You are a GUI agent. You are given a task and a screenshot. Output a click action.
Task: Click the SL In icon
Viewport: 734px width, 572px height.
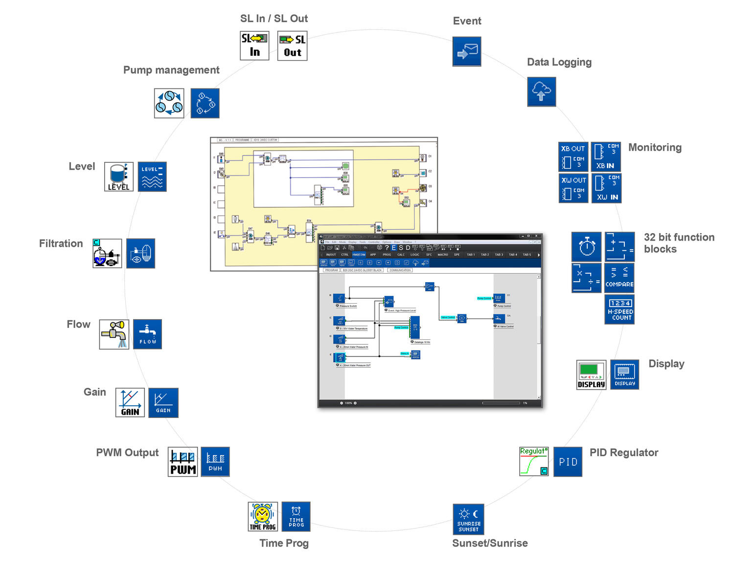click(x=254, y=45)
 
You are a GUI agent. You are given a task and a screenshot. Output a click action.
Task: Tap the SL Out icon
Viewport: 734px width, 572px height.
click(x=292, y=46)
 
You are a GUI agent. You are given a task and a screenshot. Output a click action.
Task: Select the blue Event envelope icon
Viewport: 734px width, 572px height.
click(x=466, y=51)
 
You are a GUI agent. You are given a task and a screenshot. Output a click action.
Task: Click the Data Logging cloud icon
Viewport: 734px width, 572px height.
click(x=541, y=91)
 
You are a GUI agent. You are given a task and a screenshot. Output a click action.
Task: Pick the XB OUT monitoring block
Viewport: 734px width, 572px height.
click(x=573, y=157)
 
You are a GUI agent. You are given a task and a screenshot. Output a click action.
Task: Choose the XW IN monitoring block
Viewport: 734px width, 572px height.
click(x=606, y=189)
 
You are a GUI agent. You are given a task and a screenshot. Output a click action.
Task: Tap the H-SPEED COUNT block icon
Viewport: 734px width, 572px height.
click(x=619, y=309)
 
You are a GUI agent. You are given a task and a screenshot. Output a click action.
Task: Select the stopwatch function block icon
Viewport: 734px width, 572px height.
click(x=586, y=246)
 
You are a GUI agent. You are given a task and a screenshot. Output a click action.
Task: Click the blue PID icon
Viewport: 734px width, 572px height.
click(x=568, y=462)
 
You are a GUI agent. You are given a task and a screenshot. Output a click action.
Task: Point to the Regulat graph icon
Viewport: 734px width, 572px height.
click(x=534, y=461)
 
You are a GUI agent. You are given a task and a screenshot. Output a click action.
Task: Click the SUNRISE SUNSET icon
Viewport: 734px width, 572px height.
click(x=468, y=519)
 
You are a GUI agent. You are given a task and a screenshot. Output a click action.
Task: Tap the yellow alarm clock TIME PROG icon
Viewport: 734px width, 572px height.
click(x=263, y=516)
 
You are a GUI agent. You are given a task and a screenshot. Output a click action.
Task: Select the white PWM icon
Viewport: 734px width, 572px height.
click(x=183, y=462)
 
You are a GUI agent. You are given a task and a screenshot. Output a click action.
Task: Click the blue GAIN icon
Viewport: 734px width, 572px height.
click(x=163, y=403)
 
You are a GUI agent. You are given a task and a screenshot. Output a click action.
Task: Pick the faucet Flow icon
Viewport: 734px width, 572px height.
click(x=114, y=334)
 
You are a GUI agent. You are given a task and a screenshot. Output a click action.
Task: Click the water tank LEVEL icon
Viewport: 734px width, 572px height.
click(x=119, y=176)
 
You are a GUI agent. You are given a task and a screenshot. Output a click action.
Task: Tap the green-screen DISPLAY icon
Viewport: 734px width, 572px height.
click(x=592, y=374)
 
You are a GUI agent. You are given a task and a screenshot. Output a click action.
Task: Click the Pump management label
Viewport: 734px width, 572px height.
click(x=171, y=70)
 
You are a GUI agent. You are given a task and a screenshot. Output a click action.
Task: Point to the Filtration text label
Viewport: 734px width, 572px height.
click(x=61, y=243)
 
